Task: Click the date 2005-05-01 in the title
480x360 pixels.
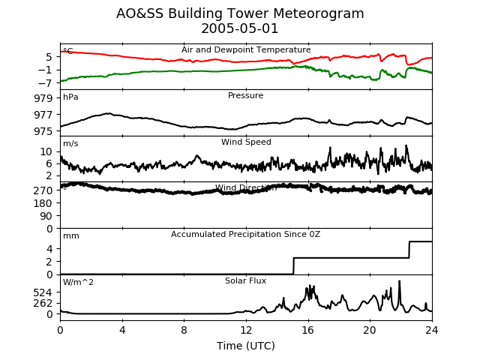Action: (240, 29)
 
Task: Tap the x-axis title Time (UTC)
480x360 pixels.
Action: (246, 346)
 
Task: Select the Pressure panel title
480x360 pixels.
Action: (246, 96)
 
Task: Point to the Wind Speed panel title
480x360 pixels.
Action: (246, 142)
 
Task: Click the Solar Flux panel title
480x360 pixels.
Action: (246, 281)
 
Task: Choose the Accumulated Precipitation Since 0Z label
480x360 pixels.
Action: (246, 235)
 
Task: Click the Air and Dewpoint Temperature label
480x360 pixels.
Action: (246, 50)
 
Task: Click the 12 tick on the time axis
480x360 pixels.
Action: (246, 329)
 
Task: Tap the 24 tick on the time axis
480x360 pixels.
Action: (432, 329)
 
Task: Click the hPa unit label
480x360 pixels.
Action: (70, 97)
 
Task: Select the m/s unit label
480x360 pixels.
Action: (70, 144)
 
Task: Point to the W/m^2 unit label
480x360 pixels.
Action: (78, 283)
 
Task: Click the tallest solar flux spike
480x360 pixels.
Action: (399, 282)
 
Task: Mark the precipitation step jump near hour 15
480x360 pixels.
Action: (293, 266)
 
